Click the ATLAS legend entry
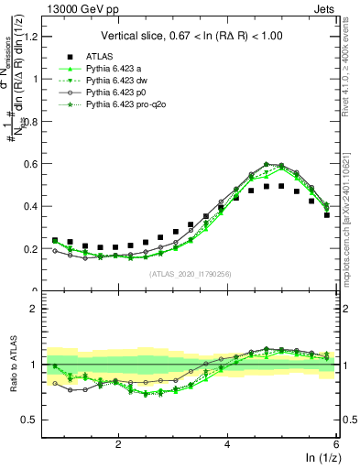(x=100, y=56)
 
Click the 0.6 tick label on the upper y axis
(x=27, y=164)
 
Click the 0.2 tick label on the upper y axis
(x=27, y=249)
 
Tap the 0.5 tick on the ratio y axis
(x=27, y=420)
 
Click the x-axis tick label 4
(x=227, y=445)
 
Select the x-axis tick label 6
(x=336, y=445)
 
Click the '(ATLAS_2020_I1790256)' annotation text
(x=191, y=274)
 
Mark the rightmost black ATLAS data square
(x=327, y=215)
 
